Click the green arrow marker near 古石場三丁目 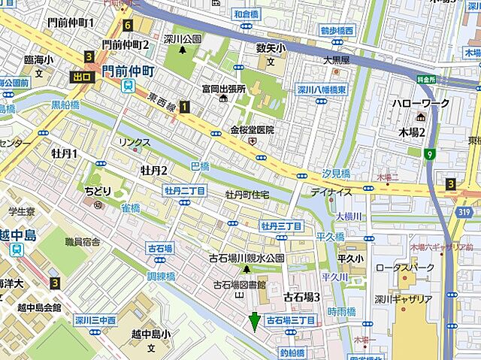tap(255, 322)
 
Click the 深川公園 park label tap(183, 39)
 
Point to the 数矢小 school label tap(271, 49)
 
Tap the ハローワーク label tap(419, 103)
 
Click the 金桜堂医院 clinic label tap(252, 129)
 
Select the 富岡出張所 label tap(224, 89)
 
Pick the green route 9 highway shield tap(429, 155)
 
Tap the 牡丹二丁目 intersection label tap(185, 191)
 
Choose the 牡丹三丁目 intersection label tap(281, 225)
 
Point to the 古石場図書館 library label tap(240, 285)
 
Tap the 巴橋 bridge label tap(199, 165)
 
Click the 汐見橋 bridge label tap(335, 174)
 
